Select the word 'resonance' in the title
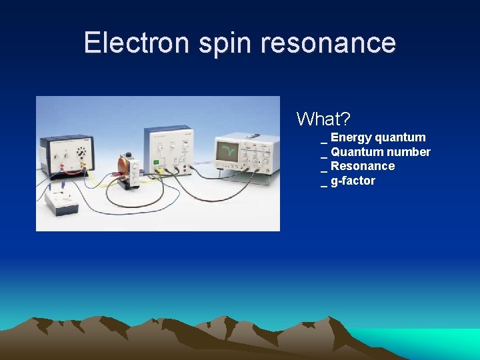click(x=329, y=43)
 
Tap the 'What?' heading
click(x=323, y=119)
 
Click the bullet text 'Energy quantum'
click(x=377, y=137)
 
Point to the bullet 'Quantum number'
click(x=380, y=152)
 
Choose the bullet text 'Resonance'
click(x=362, y=166)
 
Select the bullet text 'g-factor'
click(x=353, y=181)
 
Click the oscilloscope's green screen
click(x=227, y=151)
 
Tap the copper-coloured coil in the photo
click(x=123, y=171)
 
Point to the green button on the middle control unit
click(x=156, y=161)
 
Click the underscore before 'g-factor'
click(x=324, y=182)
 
